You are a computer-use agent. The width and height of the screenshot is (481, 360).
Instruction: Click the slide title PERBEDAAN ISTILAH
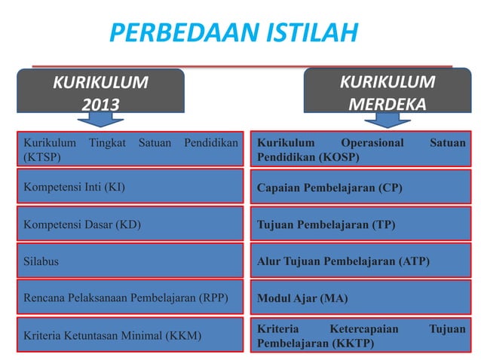[x=233, y=33]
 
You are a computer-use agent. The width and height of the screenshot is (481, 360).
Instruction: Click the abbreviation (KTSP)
[x=42, y=157]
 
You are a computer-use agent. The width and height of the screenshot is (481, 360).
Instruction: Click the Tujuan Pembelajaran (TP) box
[x=361, y=224]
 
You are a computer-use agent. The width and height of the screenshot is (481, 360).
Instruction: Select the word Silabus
[x=41, y=261]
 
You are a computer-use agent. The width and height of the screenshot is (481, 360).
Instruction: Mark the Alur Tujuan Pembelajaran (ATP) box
[x=361, y=261]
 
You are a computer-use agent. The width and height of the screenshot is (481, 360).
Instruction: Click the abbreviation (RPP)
[x=212, y=297]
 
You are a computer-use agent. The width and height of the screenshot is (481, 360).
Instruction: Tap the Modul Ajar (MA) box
[x=361, y=297]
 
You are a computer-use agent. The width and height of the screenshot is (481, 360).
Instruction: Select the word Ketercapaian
[x=364, y=328]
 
